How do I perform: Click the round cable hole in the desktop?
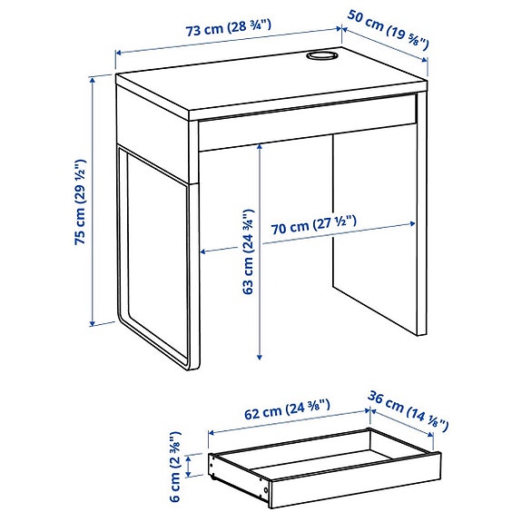(319, 58)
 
